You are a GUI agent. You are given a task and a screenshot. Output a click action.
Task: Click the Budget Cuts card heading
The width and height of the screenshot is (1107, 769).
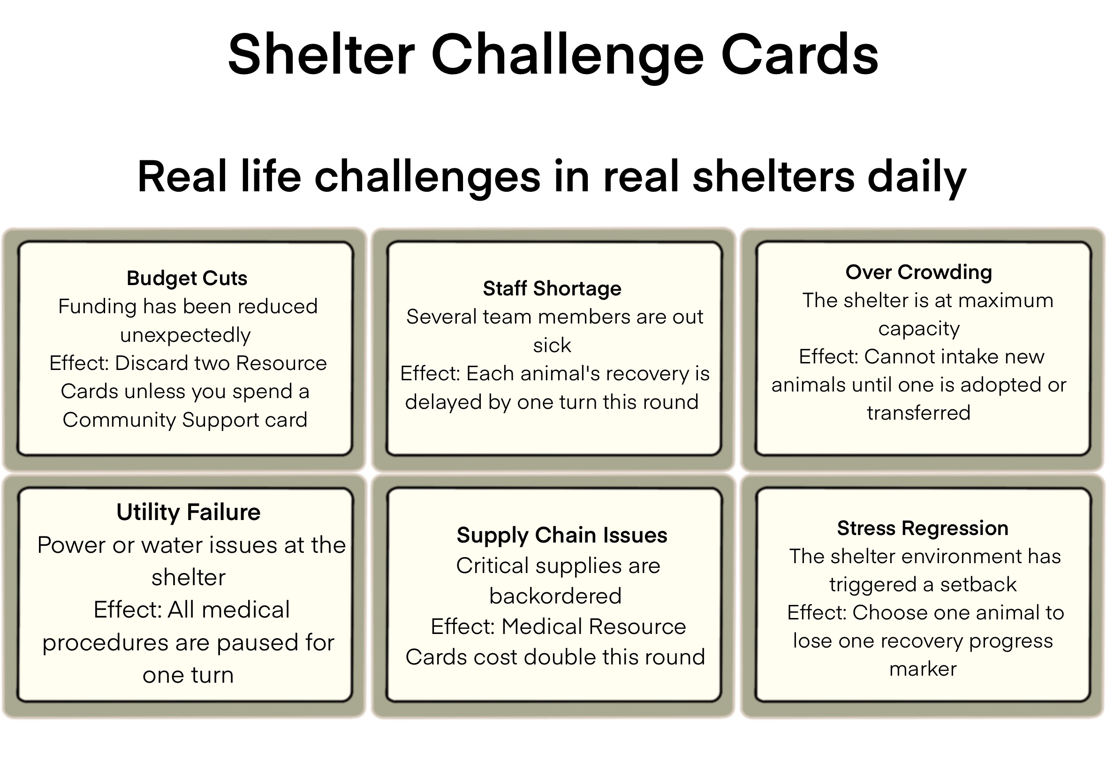click(x=187, y=278)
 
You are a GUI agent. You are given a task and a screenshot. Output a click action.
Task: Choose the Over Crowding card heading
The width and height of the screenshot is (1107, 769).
click(x=918, y=272)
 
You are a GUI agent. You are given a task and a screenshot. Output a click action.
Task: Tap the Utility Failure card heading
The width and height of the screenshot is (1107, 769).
click(x=189, y=512)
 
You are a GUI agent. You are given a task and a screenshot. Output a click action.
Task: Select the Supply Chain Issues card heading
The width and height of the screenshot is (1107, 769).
click(x=562, y=535)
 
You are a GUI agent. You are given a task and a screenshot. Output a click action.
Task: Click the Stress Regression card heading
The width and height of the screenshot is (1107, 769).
click(x=922, y=528)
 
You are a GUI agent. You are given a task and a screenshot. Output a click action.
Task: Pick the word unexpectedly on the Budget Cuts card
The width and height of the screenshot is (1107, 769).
click(x=186, y=335)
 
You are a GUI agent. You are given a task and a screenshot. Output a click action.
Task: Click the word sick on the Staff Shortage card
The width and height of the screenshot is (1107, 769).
click(x=552, y=346)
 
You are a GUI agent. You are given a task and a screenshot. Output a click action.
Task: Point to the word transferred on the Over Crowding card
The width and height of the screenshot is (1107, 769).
click(x=918, y=413)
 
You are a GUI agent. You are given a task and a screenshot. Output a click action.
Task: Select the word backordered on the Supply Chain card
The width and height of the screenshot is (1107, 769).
click(x=555, y=596)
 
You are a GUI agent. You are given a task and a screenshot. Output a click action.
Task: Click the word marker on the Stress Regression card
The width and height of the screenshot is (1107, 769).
click(x=923, y=669)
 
